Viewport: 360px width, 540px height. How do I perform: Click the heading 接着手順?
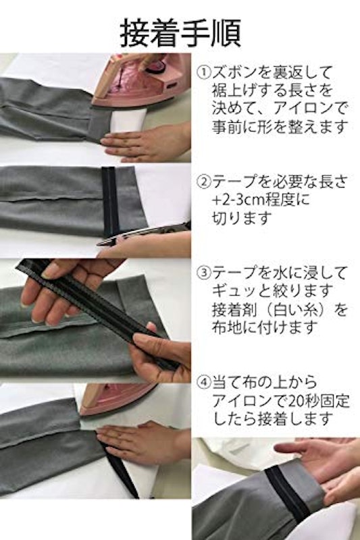click(x=180, y=33)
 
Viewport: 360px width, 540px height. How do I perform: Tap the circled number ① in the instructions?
click(x=203, y=72)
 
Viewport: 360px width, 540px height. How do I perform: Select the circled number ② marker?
click(x=203, y=182)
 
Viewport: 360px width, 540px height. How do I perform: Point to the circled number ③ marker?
click(x=203, y=273)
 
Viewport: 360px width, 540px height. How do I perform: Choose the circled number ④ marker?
click(x=203, y=382)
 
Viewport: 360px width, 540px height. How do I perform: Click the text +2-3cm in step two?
click(x=234, y=200)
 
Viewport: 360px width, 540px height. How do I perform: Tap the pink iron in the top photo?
click(x=140, y=79)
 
